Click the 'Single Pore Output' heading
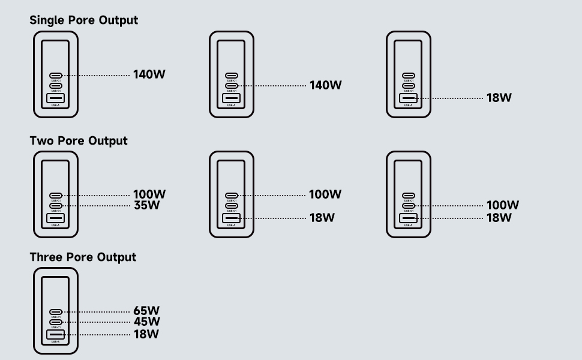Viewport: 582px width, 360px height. [x=84, y=20]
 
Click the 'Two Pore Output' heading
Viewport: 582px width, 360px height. [x=79, y=141]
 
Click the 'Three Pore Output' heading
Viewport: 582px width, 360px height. [x=83, y=257]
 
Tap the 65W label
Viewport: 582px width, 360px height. [x=146, y=311]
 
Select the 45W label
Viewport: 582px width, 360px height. [x=146, y=322]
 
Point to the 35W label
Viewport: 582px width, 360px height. [x=146, y=206]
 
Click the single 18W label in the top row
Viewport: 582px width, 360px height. [x=499, y=98]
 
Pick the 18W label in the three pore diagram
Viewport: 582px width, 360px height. [x=146, y=334]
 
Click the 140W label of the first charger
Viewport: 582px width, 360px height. [x=149, y=75]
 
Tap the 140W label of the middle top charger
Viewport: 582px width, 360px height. [x=325, y=86]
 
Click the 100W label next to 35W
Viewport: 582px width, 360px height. [x=149, y=194]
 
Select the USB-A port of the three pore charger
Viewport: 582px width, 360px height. [x=55, y=334]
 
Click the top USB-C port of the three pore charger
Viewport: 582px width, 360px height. [x=55, y=312]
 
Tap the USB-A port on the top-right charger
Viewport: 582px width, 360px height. [x=408, y=98]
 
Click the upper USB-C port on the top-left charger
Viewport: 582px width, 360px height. [x=55, y=76]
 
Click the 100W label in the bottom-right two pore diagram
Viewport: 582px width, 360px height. [x=502, y=205]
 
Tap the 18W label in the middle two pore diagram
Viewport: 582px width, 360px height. [x=322, y=218]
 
